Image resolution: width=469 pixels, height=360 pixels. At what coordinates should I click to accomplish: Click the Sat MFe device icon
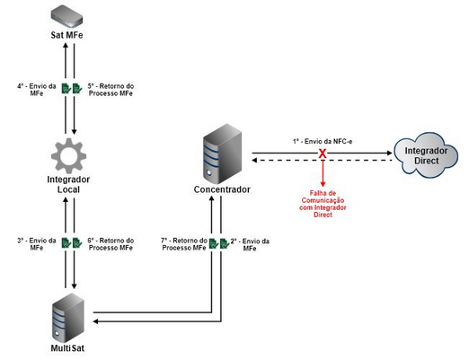(x=68, y=15)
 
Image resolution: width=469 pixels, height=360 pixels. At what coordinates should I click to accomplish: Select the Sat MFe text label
(x=68, y=36)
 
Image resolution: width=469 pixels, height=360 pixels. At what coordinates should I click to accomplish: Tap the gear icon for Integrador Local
(x=68, y=156)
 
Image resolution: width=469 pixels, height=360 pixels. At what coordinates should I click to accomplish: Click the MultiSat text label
(x=68, y=345)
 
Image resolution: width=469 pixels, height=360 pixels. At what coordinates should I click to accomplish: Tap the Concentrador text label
(x=222, y=190)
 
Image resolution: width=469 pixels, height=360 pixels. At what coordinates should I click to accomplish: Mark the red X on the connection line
(x=323, y=155)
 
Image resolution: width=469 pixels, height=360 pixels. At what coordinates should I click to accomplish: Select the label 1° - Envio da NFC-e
(x=322, y=142)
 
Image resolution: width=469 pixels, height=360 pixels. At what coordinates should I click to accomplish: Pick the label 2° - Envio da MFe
(x=250, y=246)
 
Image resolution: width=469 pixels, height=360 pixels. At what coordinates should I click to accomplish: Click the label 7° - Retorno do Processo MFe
(x=183, y=246)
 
